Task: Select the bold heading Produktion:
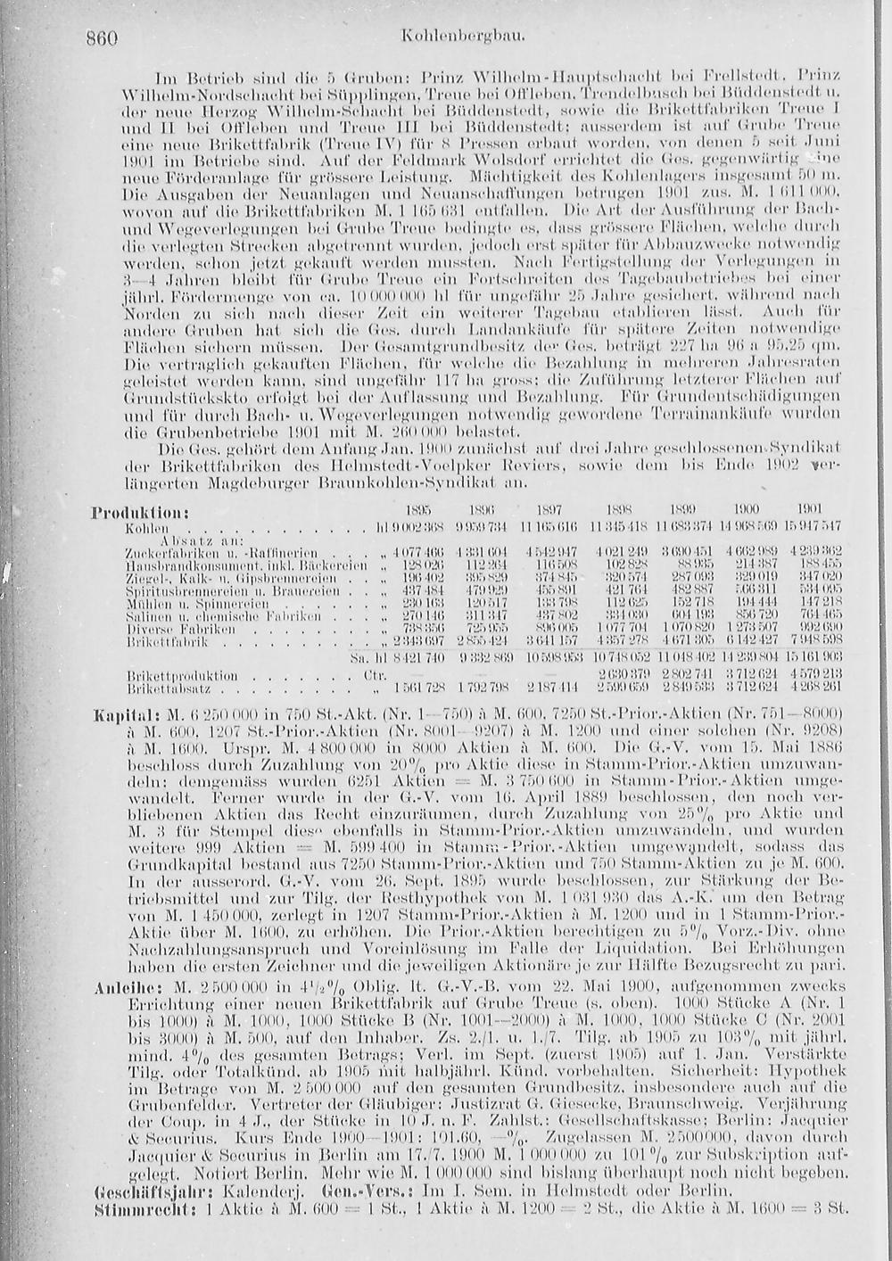coord(133,514)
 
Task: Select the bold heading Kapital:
coord(127,715)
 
